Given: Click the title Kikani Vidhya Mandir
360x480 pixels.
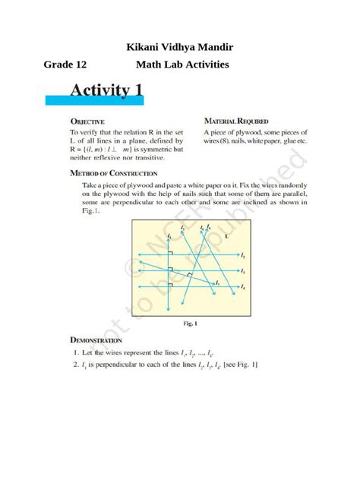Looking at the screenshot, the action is [x=179, y=48].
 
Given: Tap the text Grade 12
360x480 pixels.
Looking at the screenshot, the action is [x=65, y=65].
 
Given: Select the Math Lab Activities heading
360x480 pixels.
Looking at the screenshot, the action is [x=182, y=65].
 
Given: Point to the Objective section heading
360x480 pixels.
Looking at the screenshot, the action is [x=87, y=121].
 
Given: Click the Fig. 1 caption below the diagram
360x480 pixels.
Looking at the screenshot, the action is [x=190, y=324].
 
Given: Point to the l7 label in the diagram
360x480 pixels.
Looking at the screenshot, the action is [x=217, y=283].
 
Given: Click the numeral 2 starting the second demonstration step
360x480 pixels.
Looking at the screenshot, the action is [x=76, y=365].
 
